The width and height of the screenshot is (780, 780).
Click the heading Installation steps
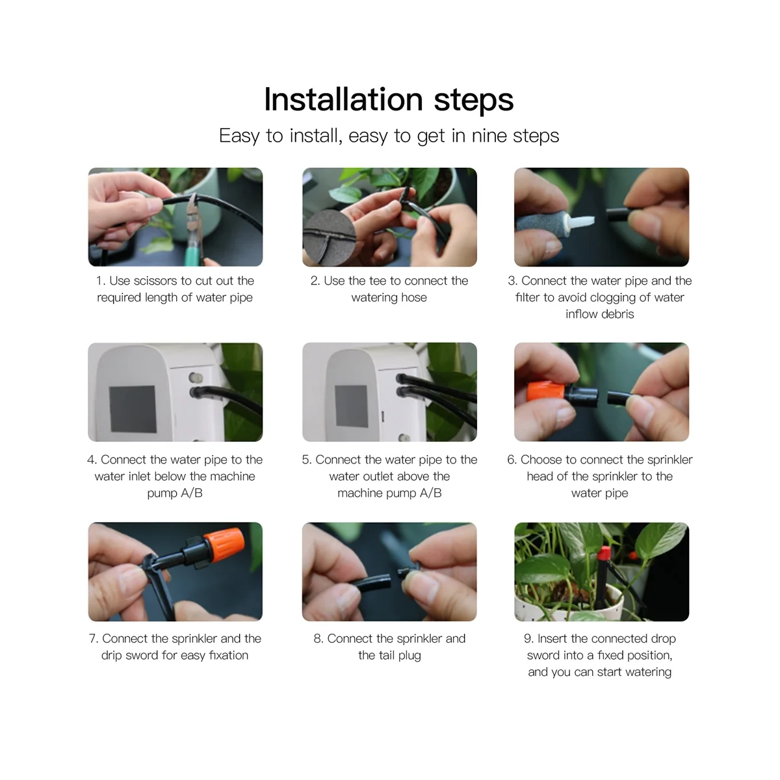389,99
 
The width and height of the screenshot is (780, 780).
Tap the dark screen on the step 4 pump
133,409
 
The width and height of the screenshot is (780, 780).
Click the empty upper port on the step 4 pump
195,377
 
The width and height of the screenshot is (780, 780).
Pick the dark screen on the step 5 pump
352,406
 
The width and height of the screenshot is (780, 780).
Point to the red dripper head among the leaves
604,553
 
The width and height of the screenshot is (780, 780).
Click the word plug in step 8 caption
409,656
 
